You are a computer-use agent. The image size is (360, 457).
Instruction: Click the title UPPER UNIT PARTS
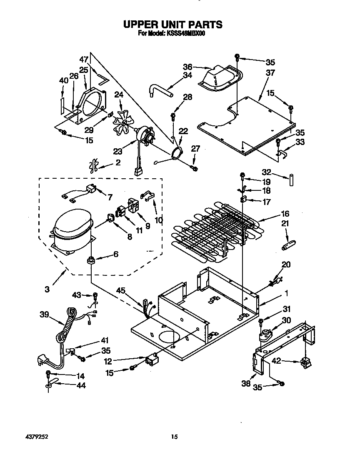pyautogui.click(x=172, y=25)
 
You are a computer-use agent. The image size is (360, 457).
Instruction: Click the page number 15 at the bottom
pyautogui.click(x=175, y=437)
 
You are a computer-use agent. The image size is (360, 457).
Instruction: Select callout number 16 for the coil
pyautogui.click(x=285, y=214)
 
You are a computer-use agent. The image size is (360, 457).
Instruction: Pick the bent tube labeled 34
pyautogui.click(x=160, y=90)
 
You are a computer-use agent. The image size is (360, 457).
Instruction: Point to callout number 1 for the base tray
pyautogui.click(x=286, y=293)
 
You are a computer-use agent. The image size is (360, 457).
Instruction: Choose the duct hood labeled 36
pyautogui.click(x=218, y=77)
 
